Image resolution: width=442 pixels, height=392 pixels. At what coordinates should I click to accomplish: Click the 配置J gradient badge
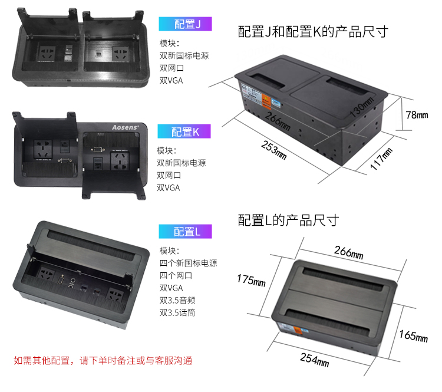[x=185, y=24]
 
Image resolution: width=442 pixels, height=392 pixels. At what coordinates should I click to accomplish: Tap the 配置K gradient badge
[x=184, y=131]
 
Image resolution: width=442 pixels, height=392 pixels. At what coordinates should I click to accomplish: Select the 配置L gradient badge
[x=185, y=232]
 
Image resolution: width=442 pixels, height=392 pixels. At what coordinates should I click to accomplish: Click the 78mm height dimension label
[x=417, y=115]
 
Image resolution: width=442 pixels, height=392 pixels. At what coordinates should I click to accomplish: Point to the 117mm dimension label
[x=381, y=159]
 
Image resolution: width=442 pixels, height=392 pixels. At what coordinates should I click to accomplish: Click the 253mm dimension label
[x=274, y=150]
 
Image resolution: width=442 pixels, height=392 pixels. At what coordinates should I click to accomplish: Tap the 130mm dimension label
[x=362, y=107]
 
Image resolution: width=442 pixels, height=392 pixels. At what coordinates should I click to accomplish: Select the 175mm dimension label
[x=251, y=281]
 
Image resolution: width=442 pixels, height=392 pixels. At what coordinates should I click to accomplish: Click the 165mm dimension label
[x=414, y=336]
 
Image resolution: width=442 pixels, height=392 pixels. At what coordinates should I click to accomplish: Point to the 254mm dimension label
[x=315, y=360]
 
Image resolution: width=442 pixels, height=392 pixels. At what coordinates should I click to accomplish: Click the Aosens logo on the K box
[x=126, y=127]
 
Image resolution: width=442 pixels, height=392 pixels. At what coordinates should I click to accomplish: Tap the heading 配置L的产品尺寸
[x=288, y=220]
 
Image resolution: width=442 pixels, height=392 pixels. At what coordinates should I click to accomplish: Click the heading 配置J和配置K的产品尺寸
[x=313, y=32]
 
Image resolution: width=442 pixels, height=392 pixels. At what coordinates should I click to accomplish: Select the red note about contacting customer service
[x=103, y=360]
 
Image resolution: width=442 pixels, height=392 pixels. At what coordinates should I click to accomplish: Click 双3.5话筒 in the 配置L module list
[x=177, y=313]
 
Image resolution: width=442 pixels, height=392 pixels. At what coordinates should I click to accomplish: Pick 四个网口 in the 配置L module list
[x=176, y=275]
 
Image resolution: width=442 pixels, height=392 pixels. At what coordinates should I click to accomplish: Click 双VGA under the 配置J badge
[x=171, y=81]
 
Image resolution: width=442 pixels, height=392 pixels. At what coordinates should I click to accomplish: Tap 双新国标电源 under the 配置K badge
[x=182, y=163]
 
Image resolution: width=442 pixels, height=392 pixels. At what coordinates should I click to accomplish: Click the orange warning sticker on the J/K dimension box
[x=266, y=101]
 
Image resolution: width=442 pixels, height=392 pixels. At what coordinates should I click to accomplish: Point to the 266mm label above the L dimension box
[x=349, y=252]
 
